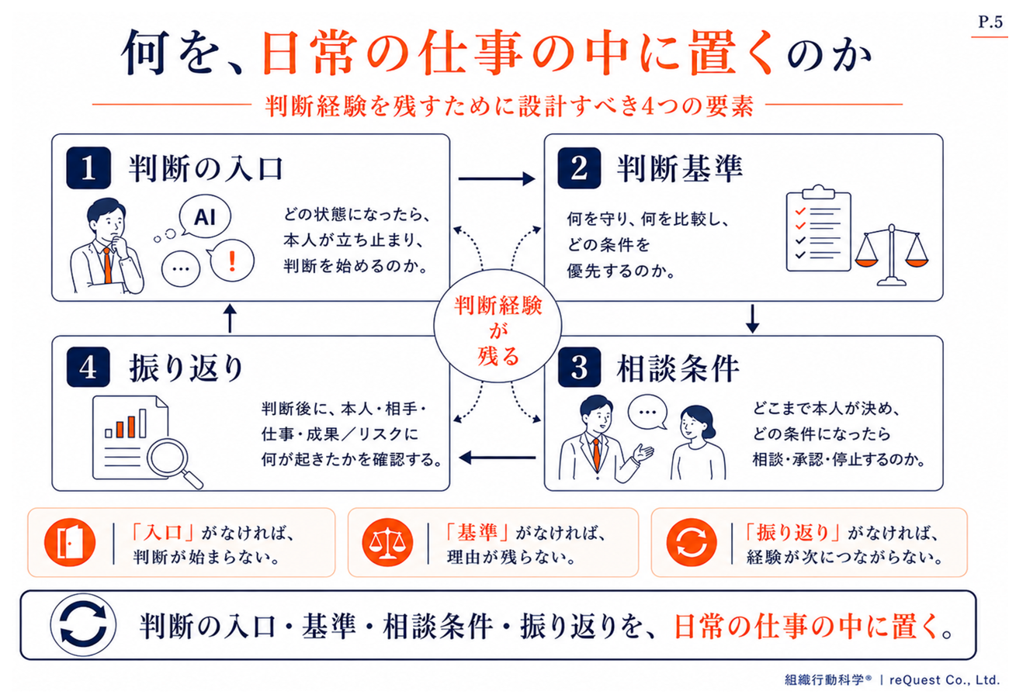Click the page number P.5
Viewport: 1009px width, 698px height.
[x=990, y=22]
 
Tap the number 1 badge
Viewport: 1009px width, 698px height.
[x=88, y=168]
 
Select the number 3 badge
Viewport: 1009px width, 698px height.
[x=579, y=368]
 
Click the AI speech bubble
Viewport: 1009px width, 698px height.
[x=204, y=216]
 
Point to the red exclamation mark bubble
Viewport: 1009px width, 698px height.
[x=232, y=261]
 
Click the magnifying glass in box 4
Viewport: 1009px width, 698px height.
[x=172, y=462]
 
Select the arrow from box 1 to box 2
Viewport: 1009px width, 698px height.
[x=497, y=178]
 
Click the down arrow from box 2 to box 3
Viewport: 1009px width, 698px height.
[x=752, y=319]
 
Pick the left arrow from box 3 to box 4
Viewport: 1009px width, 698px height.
[x=498, y=458]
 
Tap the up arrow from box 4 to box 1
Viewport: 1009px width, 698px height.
[x=231, y=318]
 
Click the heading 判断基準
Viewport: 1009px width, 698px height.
[x=679, y=169]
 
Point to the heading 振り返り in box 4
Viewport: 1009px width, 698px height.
[x=186, y=368]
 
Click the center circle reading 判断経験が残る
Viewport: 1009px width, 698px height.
[x=498, y=327]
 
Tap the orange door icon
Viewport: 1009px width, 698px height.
[x=70, y=542]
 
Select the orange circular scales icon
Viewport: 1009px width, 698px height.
[x=387, y=542]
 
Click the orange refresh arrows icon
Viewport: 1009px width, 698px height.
[x=692, y=542]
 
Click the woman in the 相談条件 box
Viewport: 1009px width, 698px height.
[x=697, y=443]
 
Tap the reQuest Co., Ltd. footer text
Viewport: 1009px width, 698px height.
[x=945, y=679]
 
